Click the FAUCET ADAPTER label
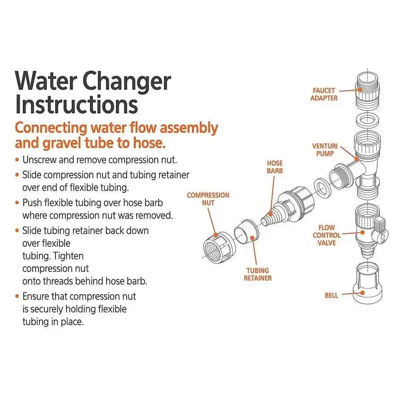point(324,94)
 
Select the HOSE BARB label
point(275,167)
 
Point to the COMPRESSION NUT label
point(208,199)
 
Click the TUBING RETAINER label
point(257,274)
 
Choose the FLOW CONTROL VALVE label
point(327,235)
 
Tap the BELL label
point(331,296)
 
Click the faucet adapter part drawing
point(369,90)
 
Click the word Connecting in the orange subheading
point(51,128)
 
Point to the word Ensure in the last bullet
point(36,296)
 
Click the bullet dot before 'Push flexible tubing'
point(17,203)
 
